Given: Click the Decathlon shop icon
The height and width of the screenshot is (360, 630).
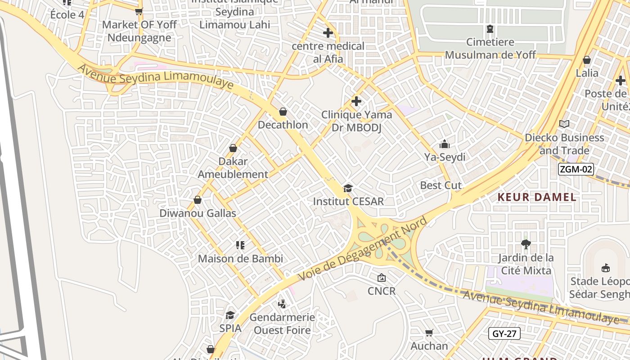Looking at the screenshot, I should coord(283,112).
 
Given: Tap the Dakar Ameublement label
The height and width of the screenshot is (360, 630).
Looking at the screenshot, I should coord(233,168).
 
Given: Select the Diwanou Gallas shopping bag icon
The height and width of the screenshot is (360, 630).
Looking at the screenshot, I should coord(198,200).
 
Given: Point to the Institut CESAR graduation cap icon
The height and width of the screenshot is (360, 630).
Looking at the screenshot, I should coord(348,188).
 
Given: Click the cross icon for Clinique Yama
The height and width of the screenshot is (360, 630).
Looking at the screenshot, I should coord(356,101).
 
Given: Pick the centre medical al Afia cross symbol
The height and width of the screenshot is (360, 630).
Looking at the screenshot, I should coord(328,33).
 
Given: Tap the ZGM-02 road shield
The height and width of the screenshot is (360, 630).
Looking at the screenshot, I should coord(576,170).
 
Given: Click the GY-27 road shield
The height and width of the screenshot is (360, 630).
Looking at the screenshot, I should coord(504,333).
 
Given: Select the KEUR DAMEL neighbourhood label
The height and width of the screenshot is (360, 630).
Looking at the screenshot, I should coord(537,197).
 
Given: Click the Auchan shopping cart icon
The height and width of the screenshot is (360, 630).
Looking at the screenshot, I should coord(429,333).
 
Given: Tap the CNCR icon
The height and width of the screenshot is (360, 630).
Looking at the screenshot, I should coord(382,278).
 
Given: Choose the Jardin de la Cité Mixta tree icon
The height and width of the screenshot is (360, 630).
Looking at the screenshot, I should coord(525,244).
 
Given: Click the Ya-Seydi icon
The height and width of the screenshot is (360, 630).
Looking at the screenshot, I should coord(445,144).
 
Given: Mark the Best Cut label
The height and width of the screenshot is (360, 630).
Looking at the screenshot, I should coord(441,185).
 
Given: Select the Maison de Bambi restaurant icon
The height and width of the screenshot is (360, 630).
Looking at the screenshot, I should coord(240,245).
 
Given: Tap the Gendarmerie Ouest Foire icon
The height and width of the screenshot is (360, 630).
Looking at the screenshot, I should coord(282,304).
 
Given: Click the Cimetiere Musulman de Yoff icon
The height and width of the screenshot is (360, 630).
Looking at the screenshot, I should coord(490,29).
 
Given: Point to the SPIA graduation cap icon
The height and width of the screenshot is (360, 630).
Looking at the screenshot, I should coord(230,315).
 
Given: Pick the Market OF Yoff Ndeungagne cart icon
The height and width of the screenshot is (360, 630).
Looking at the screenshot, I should coord(139,11).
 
